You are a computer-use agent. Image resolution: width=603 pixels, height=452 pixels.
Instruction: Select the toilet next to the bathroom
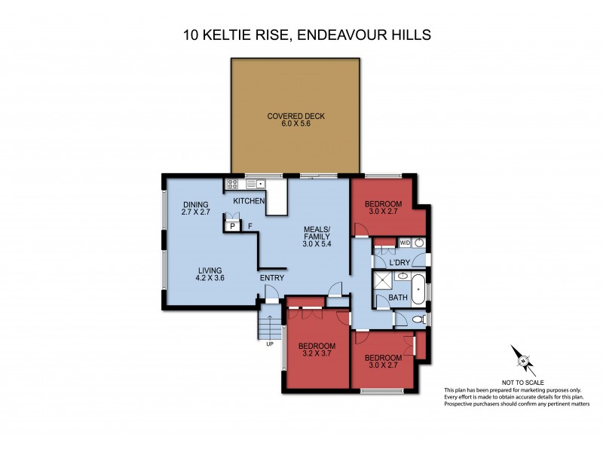click(x=420, y=320)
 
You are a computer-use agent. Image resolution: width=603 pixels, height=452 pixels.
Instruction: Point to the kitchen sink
click(x=252, y=182)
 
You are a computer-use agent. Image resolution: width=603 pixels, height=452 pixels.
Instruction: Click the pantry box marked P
click(x=233, y=225)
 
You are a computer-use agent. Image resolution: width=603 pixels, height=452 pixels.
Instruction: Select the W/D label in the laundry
click(x=404, y=243)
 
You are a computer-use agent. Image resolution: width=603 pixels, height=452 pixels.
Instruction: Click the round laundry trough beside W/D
click(x=418, y=243)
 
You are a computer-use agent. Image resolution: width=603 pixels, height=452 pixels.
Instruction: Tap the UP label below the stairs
click(x=268, y=345)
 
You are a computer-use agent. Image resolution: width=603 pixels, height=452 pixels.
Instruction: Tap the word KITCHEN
click(x=249, y=201)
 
